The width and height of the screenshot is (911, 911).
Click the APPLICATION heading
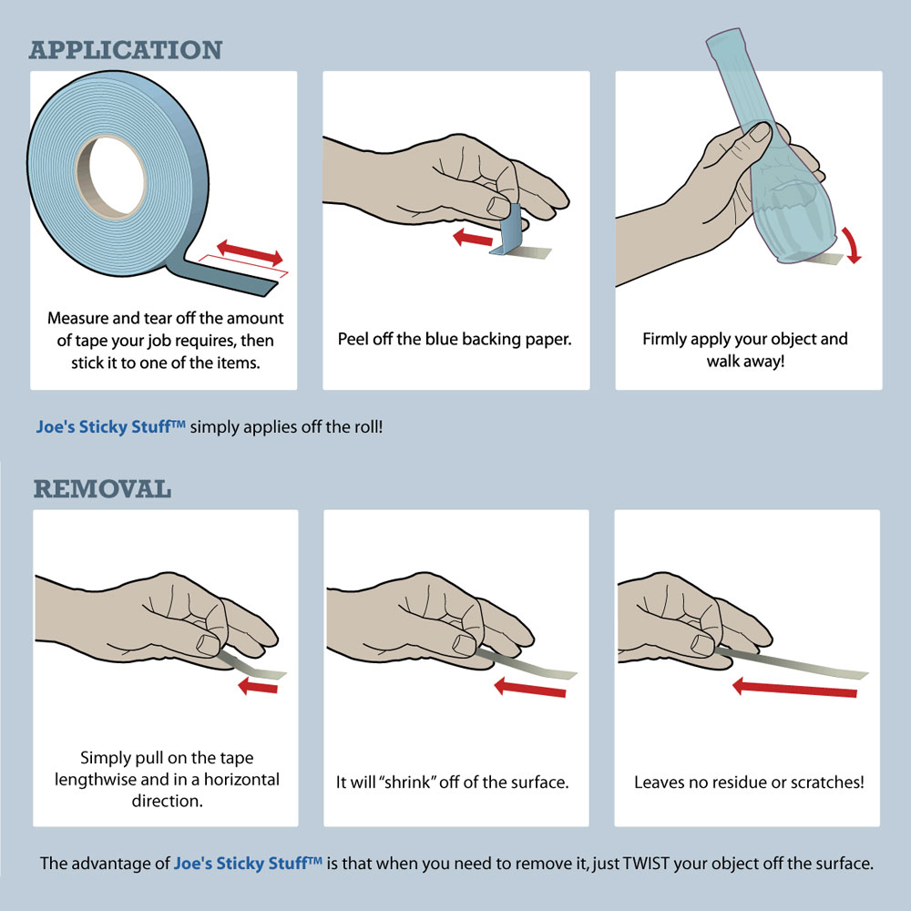126,50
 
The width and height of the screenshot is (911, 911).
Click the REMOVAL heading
102,488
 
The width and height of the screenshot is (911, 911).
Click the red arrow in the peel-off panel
473,237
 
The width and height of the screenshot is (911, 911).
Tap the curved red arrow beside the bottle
851,244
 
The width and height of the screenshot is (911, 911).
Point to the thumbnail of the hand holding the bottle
761,131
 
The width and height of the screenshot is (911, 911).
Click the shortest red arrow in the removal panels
258,686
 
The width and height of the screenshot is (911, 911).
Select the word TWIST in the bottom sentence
647,864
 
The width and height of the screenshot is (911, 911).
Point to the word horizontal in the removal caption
241,779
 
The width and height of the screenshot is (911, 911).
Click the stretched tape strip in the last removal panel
793,664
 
